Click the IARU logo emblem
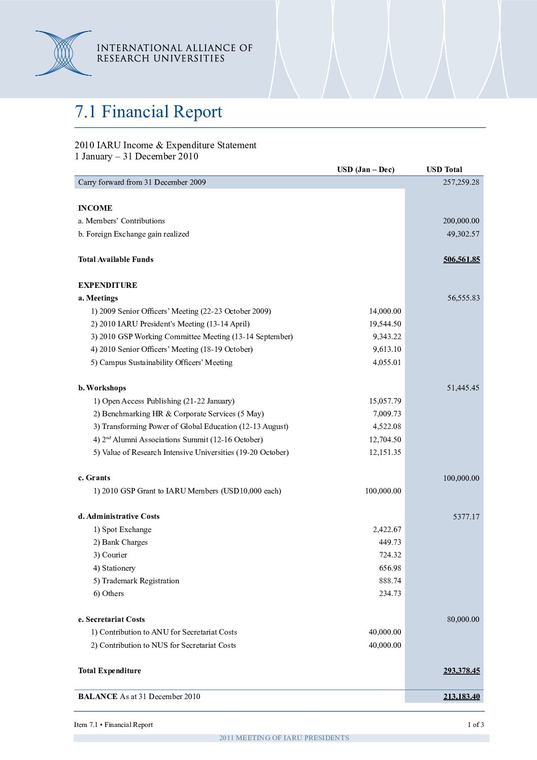63,53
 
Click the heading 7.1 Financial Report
148,112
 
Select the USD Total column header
444,170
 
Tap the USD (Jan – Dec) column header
365,170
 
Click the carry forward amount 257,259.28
461,182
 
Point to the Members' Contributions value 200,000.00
461,221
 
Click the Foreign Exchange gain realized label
133,234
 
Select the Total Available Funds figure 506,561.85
461,259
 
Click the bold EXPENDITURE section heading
108,285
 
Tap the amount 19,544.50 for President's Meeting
385,324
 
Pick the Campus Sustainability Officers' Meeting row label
161,362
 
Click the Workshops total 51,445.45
463,388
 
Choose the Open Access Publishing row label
163,401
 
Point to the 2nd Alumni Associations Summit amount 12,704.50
385,440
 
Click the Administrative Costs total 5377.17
466,517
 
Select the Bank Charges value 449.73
390,542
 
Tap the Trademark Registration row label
136,581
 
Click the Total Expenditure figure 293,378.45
461,671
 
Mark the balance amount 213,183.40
461,697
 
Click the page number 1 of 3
476,724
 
